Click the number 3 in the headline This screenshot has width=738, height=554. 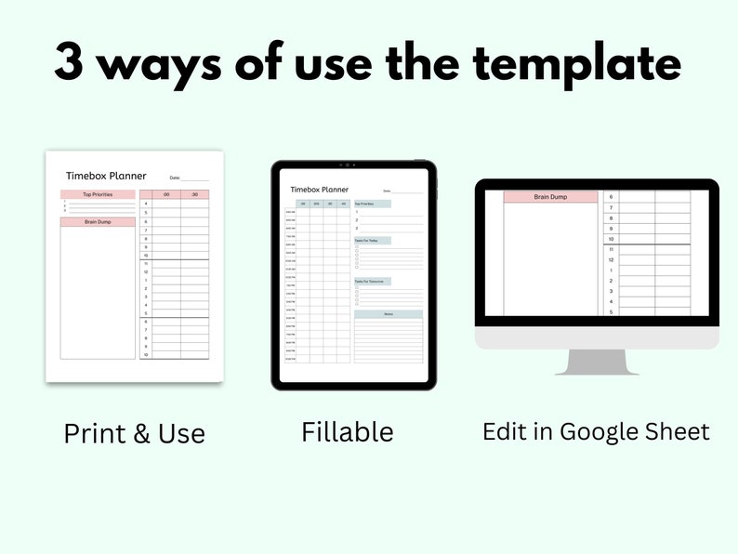point(68,64)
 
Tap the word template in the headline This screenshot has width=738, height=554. point(576,64)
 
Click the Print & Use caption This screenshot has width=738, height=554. point(134,433)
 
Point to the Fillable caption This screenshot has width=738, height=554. point(347,431)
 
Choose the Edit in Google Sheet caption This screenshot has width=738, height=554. point(596,431)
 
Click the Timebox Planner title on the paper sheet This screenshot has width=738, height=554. point(106,176)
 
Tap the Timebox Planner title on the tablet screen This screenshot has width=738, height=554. point(319,190)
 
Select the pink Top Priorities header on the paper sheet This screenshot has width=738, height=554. point(98,194)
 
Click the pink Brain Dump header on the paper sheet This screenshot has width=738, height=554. point(98,222)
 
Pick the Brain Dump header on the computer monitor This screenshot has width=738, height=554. point(550,197)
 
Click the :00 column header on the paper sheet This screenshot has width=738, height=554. point(166,194)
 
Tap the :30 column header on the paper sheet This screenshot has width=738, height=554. point(194,194)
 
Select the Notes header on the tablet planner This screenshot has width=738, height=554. point(389,314)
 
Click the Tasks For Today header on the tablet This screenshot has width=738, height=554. point(372,241)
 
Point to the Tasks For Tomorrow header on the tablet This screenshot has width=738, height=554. point(372,281)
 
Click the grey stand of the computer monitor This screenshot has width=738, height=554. point(597,362)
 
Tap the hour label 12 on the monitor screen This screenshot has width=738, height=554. point(611,260)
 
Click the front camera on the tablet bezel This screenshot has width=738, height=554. point(353,165)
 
